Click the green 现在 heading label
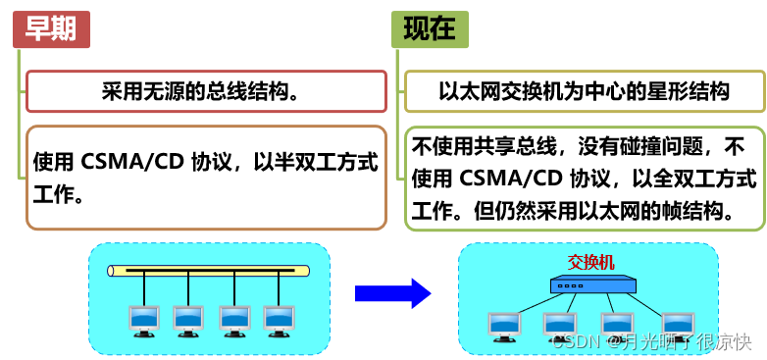point(430,30)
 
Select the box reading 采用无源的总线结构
point(206,91)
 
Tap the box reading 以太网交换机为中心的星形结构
point(584,91)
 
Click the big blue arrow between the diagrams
point(392,292)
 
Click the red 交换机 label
point(591,262)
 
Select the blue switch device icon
point(591,285)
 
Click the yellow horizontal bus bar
point(208,270)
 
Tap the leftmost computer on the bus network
point(143,320)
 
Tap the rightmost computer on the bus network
point(279,320)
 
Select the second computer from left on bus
point(188,320)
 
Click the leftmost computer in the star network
point(504,326)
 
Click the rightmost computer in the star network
point(677,326)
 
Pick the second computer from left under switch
point(560,326)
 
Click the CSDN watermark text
point(576,342)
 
